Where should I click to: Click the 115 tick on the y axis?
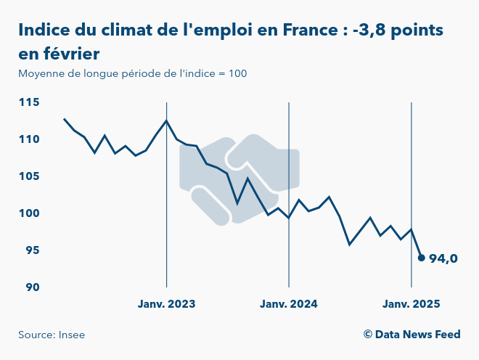click(x=29, y=102)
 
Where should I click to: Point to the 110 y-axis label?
click(x=29, y=139)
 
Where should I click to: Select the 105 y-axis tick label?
click(x=29, y=176)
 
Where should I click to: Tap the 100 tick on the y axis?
click(x=29, y=213)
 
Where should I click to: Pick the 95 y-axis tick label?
click(x=32, y=250)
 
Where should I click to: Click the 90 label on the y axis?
click(x=32, y=287)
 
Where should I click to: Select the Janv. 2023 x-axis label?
click(x=167, y=304)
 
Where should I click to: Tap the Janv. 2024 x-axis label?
click(x=289, y=304)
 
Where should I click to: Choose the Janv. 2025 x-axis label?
click(x=412, y=304)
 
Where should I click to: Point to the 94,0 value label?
click(x=443, y=258)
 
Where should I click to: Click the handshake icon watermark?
click(x=239, y=178)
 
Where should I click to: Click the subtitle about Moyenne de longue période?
click(x=133, y=74)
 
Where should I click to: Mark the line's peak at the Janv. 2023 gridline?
click(x=167, y=120)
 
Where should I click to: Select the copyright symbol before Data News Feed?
click(x=368, y=335)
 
